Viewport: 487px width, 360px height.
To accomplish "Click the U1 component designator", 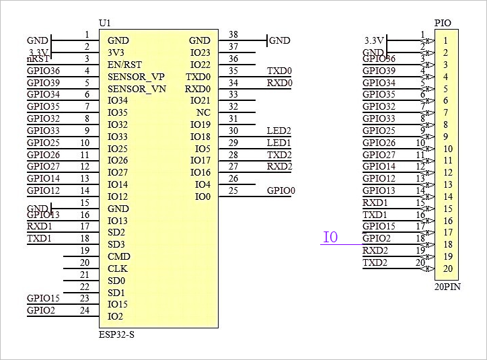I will (x=104, y=23).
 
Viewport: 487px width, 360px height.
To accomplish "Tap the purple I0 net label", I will (x=330, y=238).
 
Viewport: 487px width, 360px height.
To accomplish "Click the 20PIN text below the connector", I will (x=447, y=286).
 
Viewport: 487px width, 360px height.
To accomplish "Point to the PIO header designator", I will (x=443, y=23).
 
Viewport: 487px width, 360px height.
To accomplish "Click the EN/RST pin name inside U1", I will (x=124, y=65).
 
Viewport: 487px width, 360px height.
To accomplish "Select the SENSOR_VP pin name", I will (x=136, y=77).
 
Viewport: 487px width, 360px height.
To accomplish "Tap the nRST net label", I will (x=37, y=59).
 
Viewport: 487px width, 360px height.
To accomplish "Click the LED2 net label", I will (x=278, y=131).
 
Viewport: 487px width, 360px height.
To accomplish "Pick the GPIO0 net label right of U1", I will (x=280, y=190).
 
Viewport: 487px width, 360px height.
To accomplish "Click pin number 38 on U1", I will (x=233, y=35).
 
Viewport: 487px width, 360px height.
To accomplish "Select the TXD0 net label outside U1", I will (x=279, y=71).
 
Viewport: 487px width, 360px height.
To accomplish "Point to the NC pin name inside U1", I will (x=203, y=112).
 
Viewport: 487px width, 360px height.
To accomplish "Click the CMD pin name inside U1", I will (x=118, y=256).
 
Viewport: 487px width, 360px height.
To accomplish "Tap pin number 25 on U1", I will (x=233, y=190).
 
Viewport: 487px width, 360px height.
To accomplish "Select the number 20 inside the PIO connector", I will (x=447, y=269).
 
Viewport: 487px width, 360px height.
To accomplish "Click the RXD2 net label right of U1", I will (x=279, y=166).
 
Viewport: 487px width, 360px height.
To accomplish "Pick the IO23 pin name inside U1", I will (x=200, y=52).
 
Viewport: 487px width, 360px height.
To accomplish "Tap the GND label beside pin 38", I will (x=280, y=40).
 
